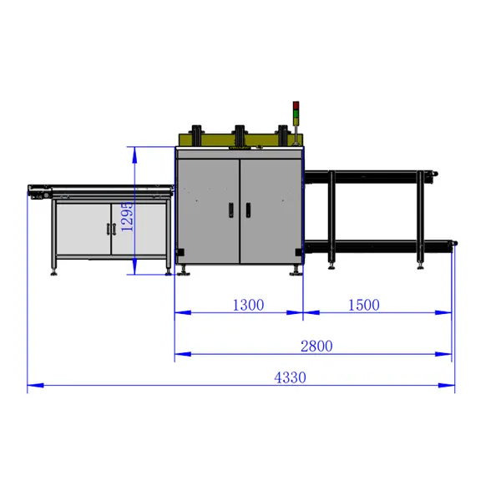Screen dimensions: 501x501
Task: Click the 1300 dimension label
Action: click(x=248, y=305)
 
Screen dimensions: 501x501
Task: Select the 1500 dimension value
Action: click(x=363, y=305)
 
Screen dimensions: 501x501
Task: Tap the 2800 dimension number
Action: click(x=316, y=346)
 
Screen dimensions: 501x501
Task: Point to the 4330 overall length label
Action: click(x=290, y=377)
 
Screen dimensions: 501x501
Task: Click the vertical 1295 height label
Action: click(x=127, y=216)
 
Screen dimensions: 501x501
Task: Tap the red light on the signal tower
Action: click(x=296, y=105)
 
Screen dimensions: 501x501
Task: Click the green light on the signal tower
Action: click(x=296, y=114)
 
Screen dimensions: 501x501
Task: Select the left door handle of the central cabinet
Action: click(x=231, y=210)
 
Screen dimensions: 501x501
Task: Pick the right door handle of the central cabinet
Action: click(x=248, y=210)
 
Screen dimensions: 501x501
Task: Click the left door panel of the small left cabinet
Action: click(x=83, y=229)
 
